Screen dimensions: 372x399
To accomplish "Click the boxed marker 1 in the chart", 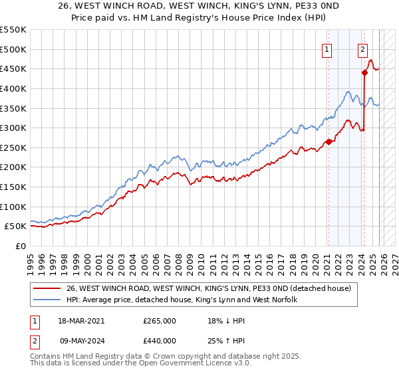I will pyautogui.click(x=327, y=48).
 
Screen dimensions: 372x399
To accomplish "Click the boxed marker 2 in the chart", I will pyautogui.click(x=362, y=48).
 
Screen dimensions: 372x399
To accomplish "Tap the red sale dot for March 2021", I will pyautogui.click(x=328, y=141).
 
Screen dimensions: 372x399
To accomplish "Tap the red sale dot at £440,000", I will pyautogui.click(x=364, y=73).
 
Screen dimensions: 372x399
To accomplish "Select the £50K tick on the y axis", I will pyautogui.click(x=15, y=227).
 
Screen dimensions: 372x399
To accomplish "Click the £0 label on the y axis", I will pyautogui.click(x=20, y=246).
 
